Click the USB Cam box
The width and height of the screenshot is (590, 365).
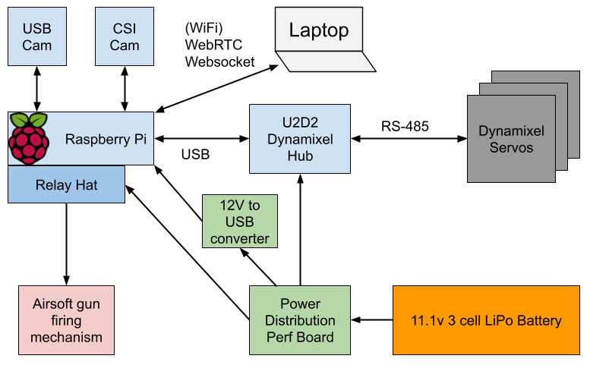pyautogui.click(x=36, y=36)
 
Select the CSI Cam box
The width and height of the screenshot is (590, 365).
pyautogui.click(x=125, y=36)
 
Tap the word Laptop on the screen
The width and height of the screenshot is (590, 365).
pyautogui.click(x=318, y=30)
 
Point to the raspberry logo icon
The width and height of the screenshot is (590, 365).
pyautogui.click(x=29, y=139)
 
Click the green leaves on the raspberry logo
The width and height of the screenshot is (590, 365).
pyautogui.click(x=28, y=120)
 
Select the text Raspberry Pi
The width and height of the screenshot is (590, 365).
pyautogui.click(x=106, y=140)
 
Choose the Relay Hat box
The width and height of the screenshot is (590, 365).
pyautogui.click(x=66, y=185)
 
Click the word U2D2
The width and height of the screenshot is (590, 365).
pyautogui.click(x=300, y=123)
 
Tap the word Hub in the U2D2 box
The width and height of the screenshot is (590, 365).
pyautogui.click(x=300, y=156)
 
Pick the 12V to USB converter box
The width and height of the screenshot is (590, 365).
pyautogui.click(x=239, y=222)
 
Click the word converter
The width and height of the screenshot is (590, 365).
pyautogui.click(x=239, y=239)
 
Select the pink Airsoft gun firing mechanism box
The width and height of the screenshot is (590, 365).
pyautogui.click(x=66, y=320)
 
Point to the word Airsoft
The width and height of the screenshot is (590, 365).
pyautogui.click(x=66, y=304)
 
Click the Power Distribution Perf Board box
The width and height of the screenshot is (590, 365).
pyautogui.click(x=300, y=320)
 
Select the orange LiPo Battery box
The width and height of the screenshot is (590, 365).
pyautogui.click(x=486, y=320)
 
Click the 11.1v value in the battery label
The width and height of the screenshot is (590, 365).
pyautogui.click(x=427, y=320)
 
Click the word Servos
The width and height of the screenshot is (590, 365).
pyautogui.click(x=511, y=147)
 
